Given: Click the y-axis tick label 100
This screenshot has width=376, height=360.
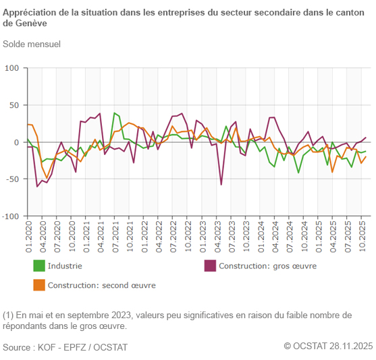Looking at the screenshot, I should pyautogui.click(x=13, y=69).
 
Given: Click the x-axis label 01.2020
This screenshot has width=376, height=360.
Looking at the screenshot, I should pyautogui.click(x=28, y=237).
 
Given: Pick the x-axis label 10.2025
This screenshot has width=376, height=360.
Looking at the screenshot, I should pyautogui.click(x=362, y=237).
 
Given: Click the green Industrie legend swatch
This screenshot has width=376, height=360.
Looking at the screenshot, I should pyautogui.click(x=39, y=266).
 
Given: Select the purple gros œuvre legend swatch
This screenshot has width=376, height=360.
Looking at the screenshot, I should pyautogui.click(x=210, y=266).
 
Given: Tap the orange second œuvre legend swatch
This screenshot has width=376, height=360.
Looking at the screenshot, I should pyautogui.click(x=39, y=285).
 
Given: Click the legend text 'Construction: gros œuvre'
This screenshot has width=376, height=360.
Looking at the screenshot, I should pyautogui.click(x=267, y=266).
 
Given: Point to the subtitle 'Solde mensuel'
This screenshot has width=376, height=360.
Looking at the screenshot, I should pyautogui.click(x=32, y=44).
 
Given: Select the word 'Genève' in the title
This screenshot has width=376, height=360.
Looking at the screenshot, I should pyautogui.click(x=31, y=23).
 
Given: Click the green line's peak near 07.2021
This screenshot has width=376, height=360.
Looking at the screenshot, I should pyautogui.click(x=115, y=113).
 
